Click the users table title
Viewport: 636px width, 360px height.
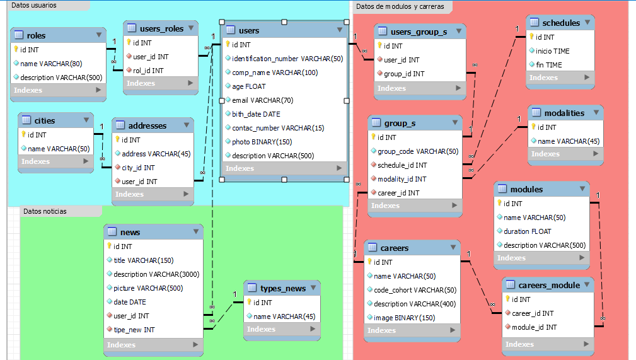click(249, 30)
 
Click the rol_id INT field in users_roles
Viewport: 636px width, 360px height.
click(148, 71)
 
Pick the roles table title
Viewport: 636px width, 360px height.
click(36, 36)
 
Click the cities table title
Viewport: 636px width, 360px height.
click(45, 120)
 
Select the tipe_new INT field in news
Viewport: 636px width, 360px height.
click(134, 330)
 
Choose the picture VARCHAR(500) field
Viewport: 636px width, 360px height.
click(147, 288)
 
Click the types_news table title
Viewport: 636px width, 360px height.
click(283, 289)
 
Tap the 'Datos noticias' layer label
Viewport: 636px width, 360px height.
click(45, 211)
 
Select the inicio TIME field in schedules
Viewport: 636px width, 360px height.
click(552, 51)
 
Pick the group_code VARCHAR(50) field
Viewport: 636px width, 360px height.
click(418, 151)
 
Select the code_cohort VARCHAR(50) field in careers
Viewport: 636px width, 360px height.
click(415, 290)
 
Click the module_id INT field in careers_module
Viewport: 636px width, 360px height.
click(534, 327)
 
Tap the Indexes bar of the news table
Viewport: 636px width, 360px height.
click(153, 345)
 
